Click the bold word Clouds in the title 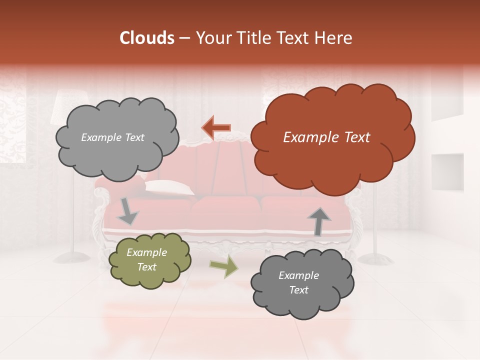click(147, 38)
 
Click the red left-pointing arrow click(216, 128)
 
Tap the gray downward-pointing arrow click(127, 212)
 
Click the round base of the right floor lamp click(376, 259)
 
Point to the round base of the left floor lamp click(70, 257)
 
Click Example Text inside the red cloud click(326, 137)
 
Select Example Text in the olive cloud click(147, 259)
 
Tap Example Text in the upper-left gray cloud click(112, 137)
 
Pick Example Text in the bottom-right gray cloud click(298, 282)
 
